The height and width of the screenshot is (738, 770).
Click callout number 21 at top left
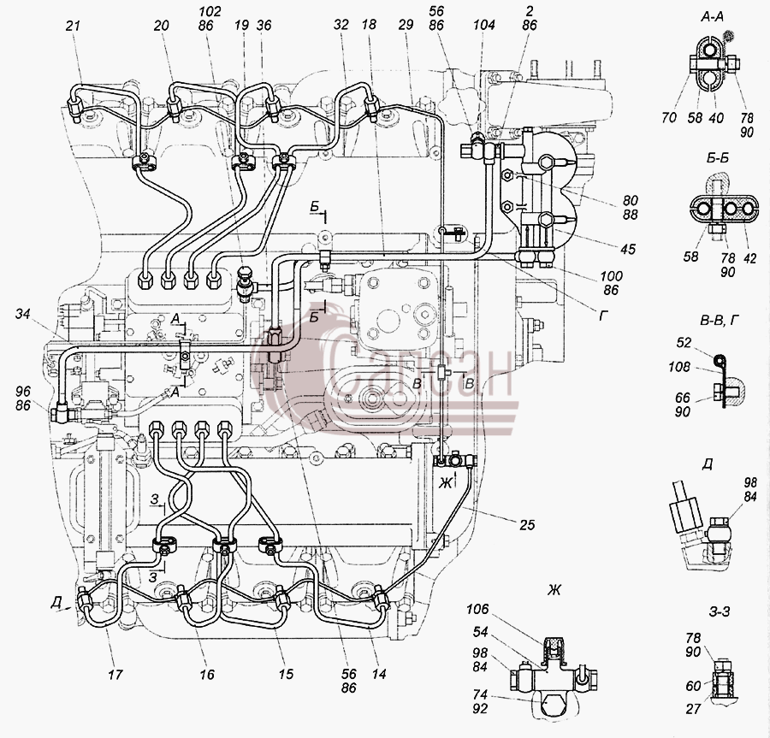[x=74, y=26]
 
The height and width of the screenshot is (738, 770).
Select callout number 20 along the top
[x=162, y=26]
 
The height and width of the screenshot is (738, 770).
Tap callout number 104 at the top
[x=484, y=26]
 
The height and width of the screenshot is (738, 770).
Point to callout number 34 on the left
[x=22, y=314]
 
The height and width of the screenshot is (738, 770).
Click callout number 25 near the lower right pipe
[x=527, y=524]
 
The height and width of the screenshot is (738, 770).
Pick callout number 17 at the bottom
[x=115, y=675]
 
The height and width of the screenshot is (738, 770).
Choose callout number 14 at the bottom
[x=379, y=675]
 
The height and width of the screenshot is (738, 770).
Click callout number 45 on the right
[x=628, y=249]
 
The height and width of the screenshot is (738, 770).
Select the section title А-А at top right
[x=712, y=18]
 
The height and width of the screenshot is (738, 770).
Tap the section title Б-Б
[x=718, y=158]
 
